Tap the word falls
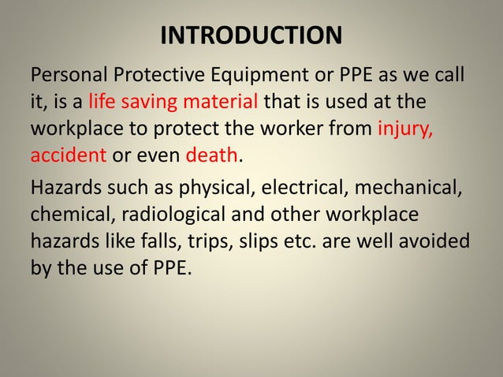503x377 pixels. (168, 240)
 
